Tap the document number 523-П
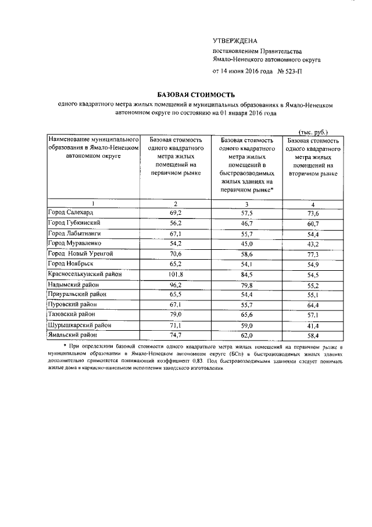(292, 71)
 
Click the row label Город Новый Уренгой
(81, 254)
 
